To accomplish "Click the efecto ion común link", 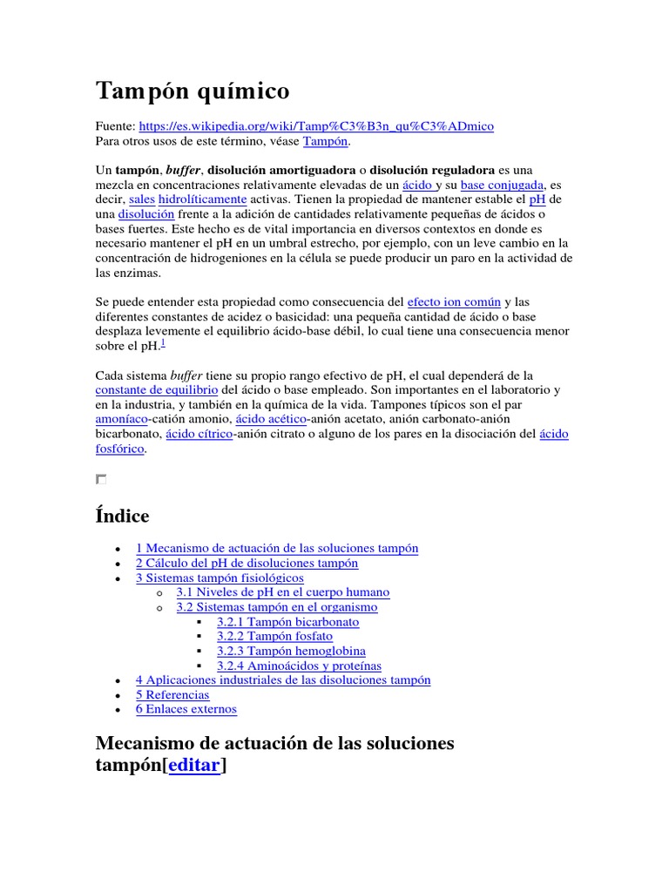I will (454, 302).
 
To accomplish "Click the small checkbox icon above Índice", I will (101, 479).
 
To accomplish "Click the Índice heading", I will (122, 516).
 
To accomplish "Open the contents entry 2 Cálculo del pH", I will (247, 564).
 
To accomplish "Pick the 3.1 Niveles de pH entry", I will (282, 592).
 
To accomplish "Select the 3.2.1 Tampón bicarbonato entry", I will (287, 622).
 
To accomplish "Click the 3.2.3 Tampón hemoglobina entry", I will (291, 651).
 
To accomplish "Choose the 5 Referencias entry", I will (172, 694).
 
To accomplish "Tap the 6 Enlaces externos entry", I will (186, 709).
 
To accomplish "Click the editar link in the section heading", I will (195, 764).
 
